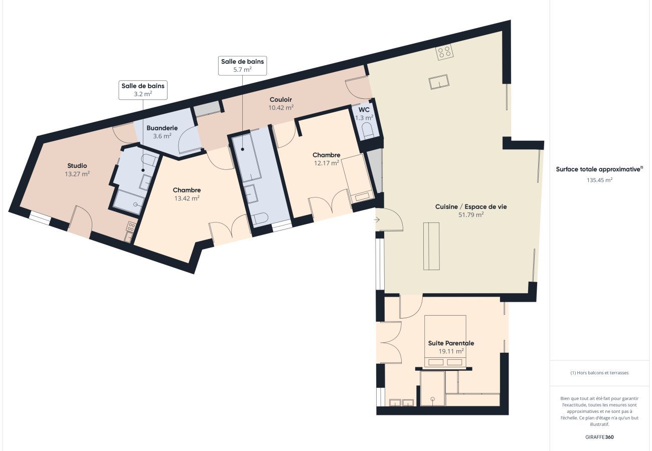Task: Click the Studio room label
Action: coord(77,165)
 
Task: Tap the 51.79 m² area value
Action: coord(471,214)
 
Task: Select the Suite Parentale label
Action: coord(451,343)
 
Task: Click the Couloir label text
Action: coord(280,99)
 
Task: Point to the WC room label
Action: coord(364,110)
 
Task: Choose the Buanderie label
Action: coord(162,128)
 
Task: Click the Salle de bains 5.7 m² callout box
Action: coord(242,66)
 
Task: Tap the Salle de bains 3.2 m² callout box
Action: coord(143,90)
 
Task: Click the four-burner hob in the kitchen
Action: coord(444,52)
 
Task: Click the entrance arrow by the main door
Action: coord(377,220)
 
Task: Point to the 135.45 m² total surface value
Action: coord(599,180)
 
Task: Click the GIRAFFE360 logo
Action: coord(599,437)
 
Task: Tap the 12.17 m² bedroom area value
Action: coord(327,163)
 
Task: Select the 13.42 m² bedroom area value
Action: coord(187,198)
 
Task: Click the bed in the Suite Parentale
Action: coord(445,342)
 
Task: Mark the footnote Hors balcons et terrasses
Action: coord(599,373)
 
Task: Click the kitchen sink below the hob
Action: coord(439,82)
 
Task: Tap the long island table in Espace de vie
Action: coord(431,246)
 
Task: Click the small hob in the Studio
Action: coord(131,227)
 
